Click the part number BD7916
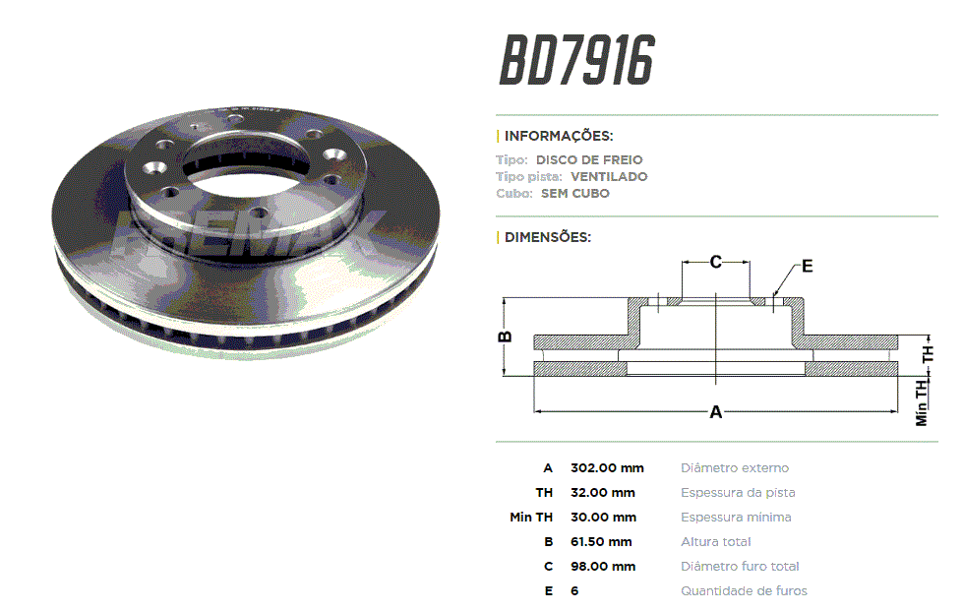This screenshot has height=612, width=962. point(577,60)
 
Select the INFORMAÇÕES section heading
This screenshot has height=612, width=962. point(559,136)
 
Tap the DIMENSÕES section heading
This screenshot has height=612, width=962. point(547,237)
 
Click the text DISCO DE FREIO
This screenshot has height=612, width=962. point(589,159)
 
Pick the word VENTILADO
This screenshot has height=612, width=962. point(609,177)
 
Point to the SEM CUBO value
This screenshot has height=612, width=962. point(574,194)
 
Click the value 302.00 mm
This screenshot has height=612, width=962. point(607,467)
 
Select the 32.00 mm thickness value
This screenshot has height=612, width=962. point(602,492)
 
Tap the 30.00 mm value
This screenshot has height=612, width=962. point(603,517)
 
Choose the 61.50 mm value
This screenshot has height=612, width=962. point(601,541)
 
